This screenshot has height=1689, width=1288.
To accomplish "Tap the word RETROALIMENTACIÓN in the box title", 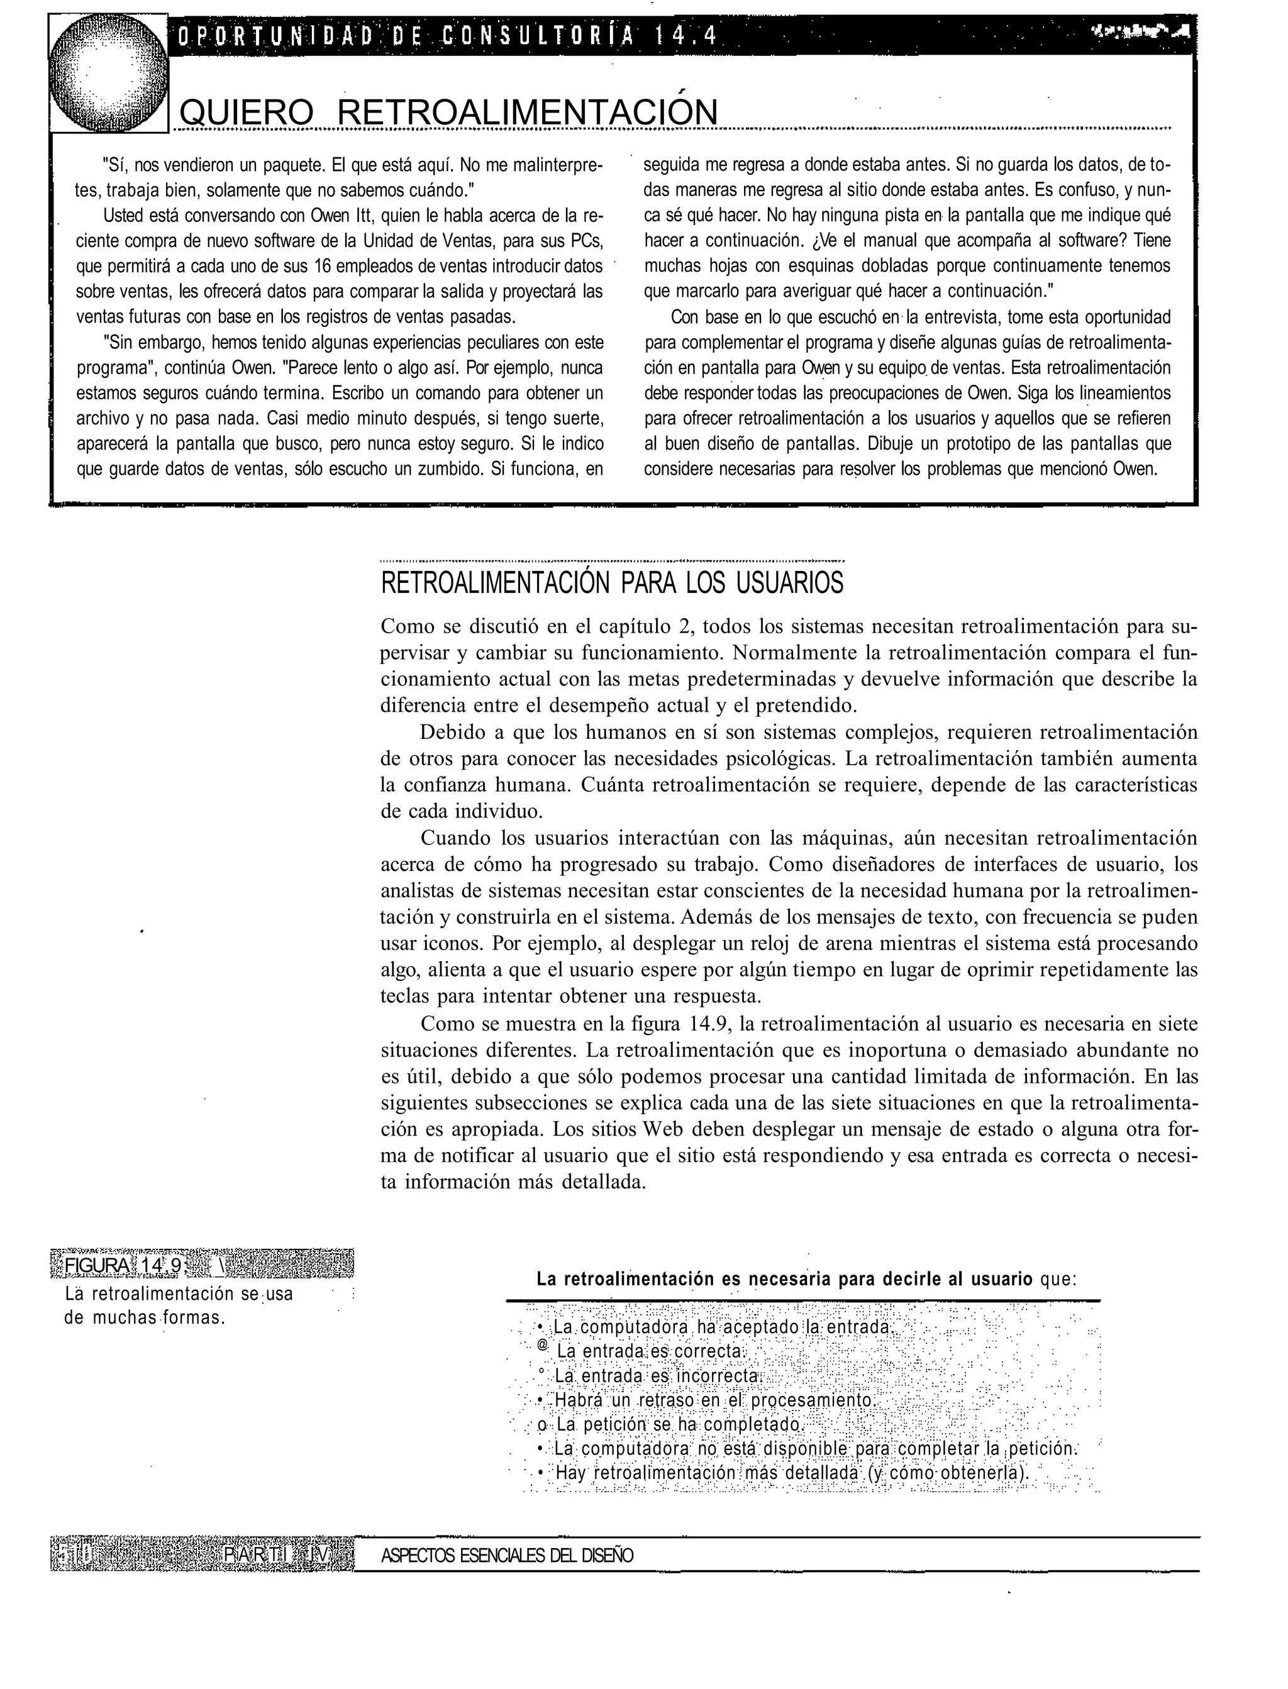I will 528,113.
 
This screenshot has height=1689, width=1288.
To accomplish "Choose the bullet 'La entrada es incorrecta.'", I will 657,1376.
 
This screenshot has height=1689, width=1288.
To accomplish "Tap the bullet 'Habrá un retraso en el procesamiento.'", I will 714,1401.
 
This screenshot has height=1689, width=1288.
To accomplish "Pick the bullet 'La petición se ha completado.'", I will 678,1426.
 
